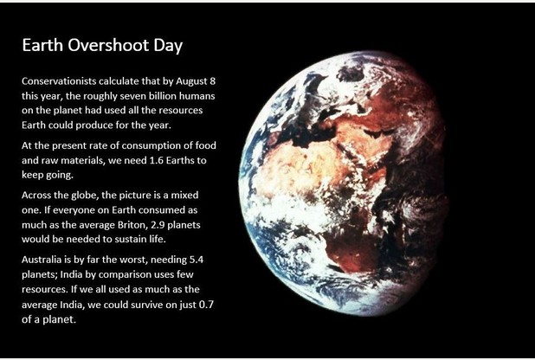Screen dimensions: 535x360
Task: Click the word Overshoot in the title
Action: point(108,45)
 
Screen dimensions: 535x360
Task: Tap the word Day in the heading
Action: point(168,47)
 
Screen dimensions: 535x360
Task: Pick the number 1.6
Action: point(157,160)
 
